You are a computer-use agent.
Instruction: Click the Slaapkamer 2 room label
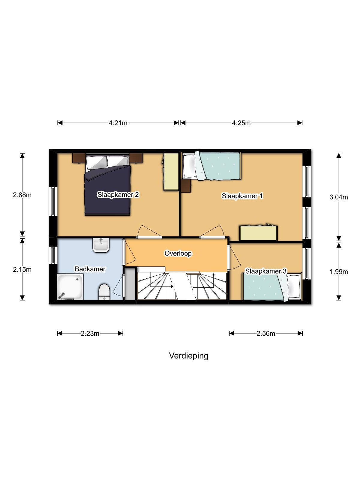pyautogui.click(x=118, y=195)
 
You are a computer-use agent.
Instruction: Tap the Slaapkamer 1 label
pyautogui.click(x=242, y=196)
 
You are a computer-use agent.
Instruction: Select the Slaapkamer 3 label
pyautogui.click(x=265, y=271)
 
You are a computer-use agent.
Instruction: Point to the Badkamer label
pyautogui.click(x=90, y=269)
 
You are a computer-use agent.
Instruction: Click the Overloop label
pyautogui.click(x=178, y=253)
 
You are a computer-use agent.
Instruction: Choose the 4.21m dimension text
pyautogui.click(x=118, y=123)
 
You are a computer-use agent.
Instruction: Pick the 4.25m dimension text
pyautogui.click(x=241, y=123)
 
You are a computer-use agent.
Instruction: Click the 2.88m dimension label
pyautogui.click(x=22, y=195)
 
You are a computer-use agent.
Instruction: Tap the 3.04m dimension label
pyautogui.click(x=339, y=197)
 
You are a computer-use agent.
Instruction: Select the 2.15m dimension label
pyautogui.click(x=22, y=270)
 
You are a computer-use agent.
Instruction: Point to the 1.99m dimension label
pyautogui.click(x=339, y=272)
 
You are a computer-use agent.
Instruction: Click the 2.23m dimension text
pyautogui.click(x=90, y=334)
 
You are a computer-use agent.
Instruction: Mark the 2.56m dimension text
pyautogui.click(x=266, y=334)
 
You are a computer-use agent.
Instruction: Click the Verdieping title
pyautogui.click(x=188, y=356)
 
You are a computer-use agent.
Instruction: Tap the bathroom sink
pyautogui.click(x=101, y=245)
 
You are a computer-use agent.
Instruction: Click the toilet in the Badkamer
pyautogui.click(x=104, y=292)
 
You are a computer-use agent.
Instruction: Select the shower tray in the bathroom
pyautogui.click(x=70, y=287)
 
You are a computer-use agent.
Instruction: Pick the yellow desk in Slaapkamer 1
pyautogui.click(x=258, y=233)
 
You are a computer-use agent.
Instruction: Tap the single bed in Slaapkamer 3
pyautogui.click(x=272, y=287)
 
